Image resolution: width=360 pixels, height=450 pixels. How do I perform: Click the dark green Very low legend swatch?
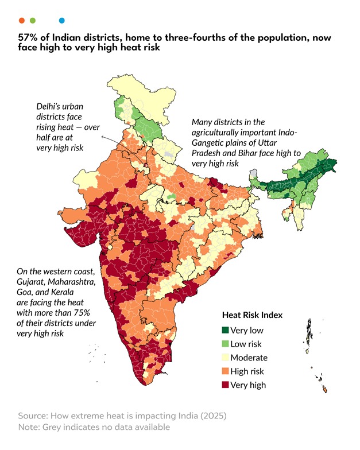tap(226, 330)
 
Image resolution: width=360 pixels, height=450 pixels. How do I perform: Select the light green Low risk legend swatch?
tap(226, 344)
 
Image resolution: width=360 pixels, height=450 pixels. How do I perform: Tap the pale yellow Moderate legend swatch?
tap(226, 358)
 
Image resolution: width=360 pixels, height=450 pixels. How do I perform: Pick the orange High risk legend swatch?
tap(226, 371)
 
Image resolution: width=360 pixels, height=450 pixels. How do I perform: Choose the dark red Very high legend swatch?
tap(226, 385)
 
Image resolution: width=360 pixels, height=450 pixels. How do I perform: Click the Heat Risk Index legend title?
tap(252, 315)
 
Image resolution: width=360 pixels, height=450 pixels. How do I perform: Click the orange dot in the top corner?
tap(21, 20)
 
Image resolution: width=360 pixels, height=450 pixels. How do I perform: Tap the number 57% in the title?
tap(28, 37)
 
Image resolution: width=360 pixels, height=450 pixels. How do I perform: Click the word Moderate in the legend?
tap(249, 358)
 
